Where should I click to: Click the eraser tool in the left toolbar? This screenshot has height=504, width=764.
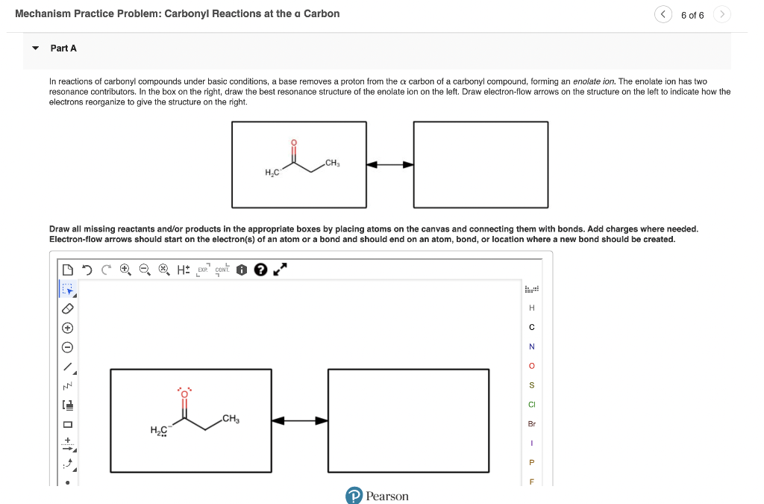67,307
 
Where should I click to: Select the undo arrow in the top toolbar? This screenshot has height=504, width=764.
89,270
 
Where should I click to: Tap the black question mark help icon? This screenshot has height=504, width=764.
260,270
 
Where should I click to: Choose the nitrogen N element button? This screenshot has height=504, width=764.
532,346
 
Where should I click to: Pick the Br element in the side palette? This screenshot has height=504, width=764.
532,423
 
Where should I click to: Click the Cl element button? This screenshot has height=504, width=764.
532,405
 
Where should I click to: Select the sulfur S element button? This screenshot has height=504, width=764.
532,385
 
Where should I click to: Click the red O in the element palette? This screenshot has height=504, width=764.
532,366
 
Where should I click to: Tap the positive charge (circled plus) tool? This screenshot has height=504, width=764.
67,327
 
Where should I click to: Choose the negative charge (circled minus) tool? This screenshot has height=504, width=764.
67,347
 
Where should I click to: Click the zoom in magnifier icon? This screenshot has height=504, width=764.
125,270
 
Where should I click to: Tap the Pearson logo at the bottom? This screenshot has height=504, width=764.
378,496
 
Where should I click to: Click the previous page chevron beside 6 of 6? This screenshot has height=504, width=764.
663,15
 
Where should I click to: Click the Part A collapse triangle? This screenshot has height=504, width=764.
35,49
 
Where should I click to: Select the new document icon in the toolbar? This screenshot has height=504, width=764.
69,270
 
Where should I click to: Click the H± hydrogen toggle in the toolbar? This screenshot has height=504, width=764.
183,270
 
